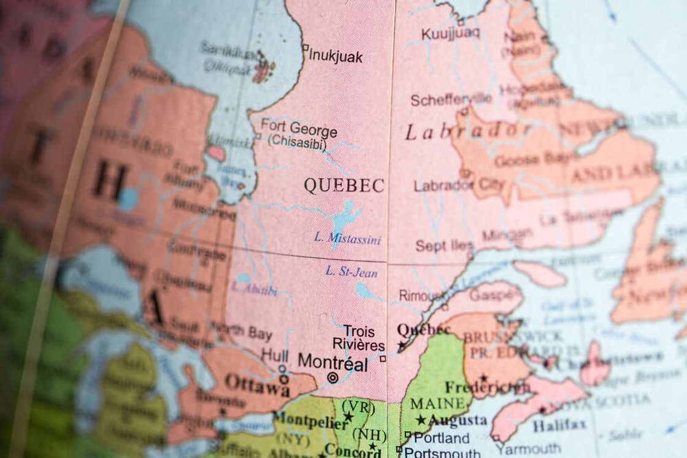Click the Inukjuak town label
pos(336,56)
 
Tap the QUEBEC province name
pos(344,185)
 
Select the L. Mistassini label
pos(347,239)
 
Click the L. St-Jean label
pos(351,271)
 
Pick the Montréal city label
pos(332,363)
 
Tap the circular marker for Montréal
pos(332,378)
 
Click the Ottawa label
pos(257,384)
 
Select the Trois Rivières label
pos(359,338)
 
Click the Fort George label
pos(299,129)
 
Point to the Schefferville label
pos(451,99)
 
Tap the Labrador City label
pos(459,185)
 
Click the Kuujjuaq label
pos(451,32)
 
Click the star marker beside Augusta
pos(421,420)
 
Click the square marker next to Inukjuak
pos(305,47)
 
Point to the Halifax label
pos(559,425)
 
